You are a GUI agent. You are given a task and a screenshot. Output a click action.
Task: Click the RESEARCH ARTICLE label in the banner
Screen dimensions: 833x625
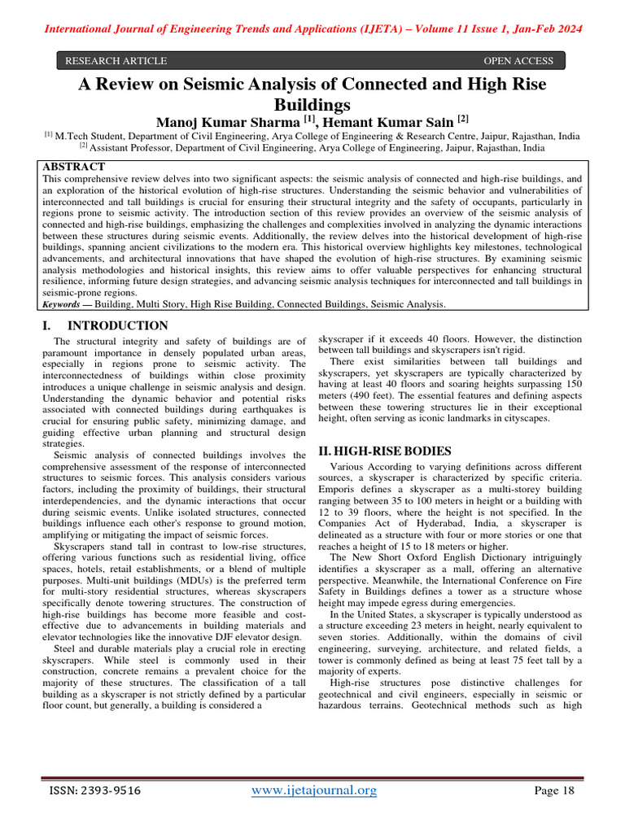[116, 61]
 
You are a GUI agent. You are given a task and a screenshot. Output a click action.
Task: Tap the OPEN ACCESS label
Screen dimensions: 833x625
[518, 61]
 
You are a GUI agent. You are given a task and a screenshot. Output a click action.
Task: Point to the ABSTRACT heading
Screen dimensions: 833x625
[73, 166]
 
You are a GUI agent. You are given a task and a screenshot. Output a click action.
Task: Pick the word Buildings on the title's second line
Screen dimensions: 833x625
[312, 104]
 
